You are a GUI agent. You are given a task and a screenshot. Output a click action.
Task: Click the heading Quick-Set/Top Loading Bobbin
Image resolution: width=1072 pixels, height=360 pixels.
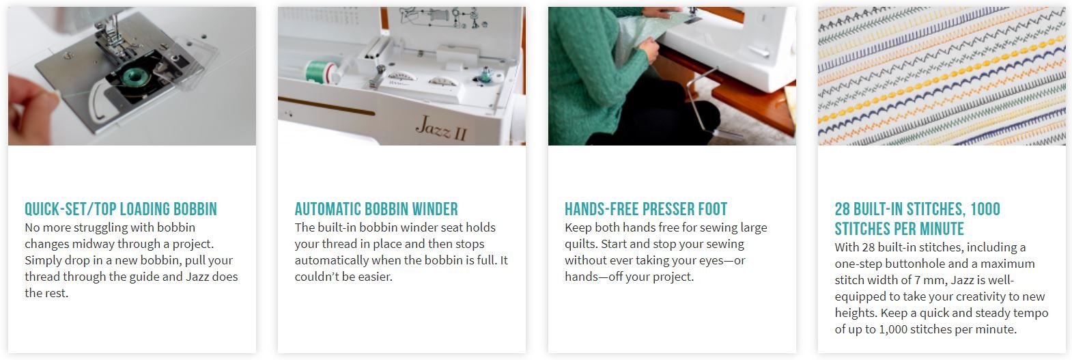[121, 209]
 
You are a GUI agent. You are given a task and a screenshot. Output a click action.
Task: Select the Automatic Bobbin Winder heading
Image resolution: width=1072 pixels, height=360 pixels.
[376, 209]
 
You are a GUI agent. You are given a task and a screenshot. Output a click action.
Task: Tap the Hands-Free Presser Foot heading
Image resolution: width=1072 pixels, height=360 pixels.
[645, 209]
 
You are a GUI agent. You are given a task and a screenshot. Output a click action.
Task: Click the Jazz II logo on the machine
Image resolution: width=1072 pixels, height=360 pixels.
[440, 128]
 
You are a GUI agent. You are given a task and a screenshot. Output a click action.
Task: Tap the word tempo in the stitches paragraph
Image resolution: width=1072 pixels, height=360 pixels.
[1031, 313]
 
